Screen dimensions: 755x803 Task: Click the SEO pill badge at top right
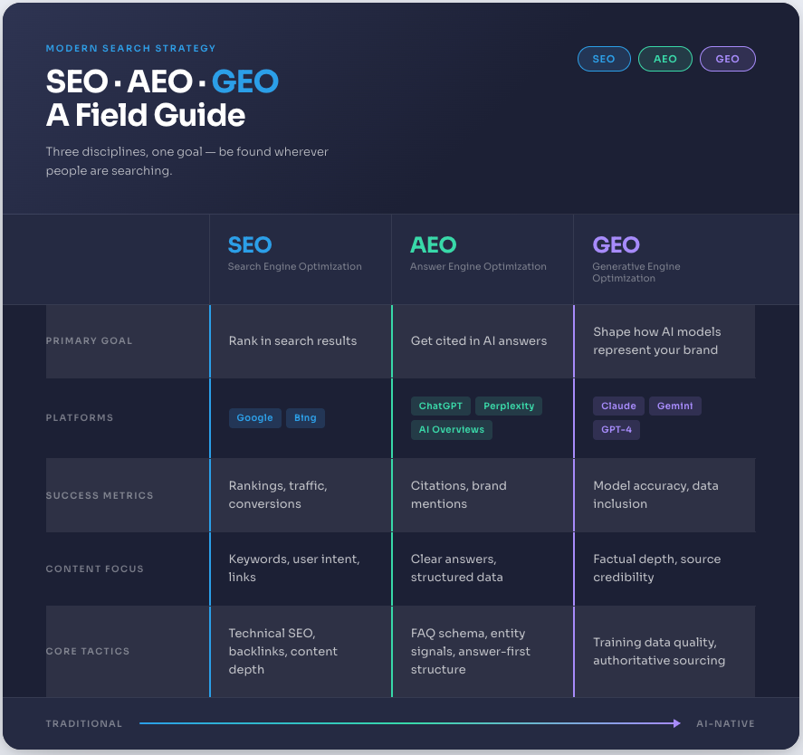coord(604,59)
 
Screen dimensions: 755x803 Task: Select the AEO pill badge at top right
coord(665,59)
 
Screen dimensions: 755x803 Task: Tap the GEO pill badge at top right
coord(727,59)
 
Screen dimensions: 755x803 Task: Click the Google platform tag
coord(254,418)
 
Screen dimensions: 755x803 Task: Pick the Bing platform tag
coord(305,418)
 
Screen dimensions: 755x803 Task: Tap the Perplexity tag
coord(508,406)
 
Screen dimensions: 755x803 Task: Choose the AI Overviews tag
coord(451,429)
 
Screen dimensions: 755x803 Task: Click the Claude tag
coord(619,406)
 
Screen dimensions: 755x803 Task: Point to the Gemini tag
coord(675,406)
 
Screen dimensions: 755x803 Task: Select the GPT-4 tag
coord(617,429)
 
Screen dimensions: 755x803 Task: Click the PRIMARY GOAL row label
coord(89,341)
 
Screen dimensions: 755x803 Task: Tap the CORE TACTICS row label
coord(88,652)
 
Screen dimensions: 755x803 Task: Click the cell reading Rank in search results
coord(292,341)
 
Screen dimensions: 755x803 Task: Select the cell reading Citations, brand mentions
coord(458,494)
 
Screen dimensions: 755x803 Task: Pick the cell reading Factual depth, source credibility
coord(656,568)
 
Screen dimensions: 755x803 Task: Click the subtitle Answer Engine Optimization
coord(478,267)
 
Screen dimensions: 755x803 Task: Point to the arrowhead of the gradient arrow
coord(676,722)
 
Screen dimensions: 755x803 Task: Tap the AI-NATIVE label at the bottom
coord(725,724)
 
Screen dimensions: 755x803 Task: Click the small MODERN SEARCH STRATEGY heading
coord(131,48)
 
